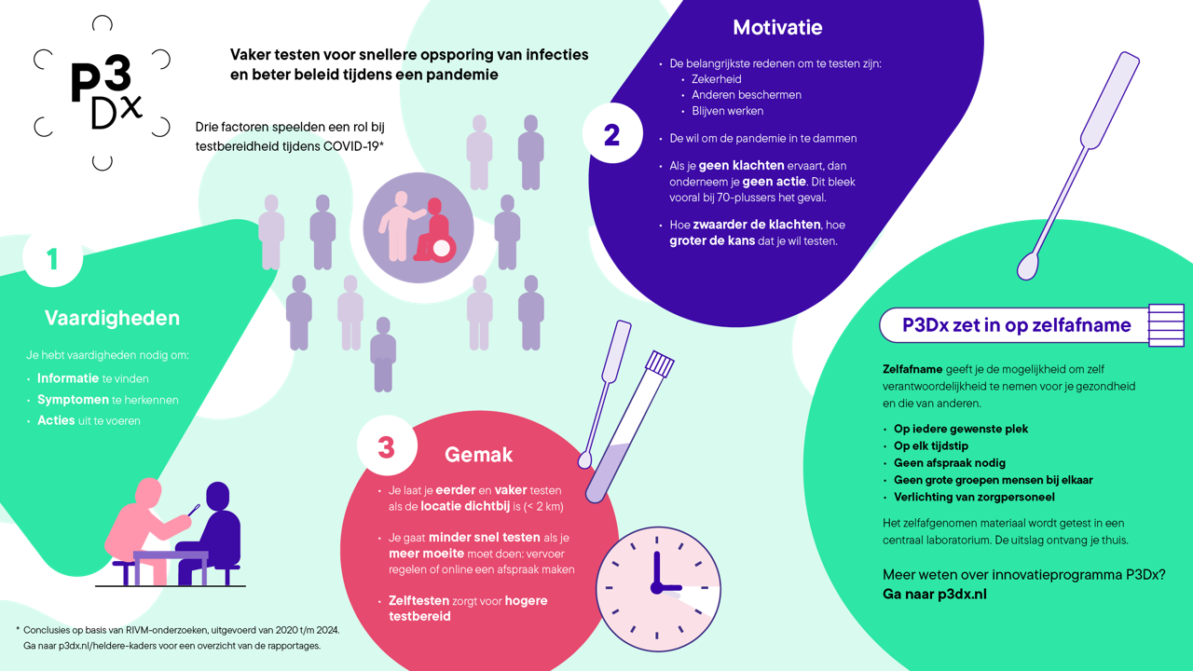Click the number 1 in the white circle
coord(52,257)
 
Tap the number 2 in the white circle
coord(612,134)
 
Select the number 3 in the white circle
coord(387,446)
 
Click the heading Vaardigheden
coord(112,318)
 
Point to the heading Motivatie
coord(777,27)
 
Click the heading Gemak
coord(478,455)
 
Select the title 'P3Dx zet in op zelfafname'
coord(1016,325)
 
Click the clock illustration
coord(658,589)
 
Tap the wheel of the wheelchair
coord(441,249)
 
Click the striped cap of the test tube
coord(660,363)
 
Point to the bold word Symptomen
coord(73,400)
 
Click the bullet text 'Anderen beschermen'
coord(746,95)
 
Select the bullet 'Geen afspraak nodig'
coord(949,463)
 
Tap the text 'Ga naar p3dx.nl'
coord(934,594)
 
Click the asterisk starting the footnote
coord(18,629)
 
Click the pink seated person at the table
coord(144,531)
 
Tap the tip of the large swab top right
coord(1027,268)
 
